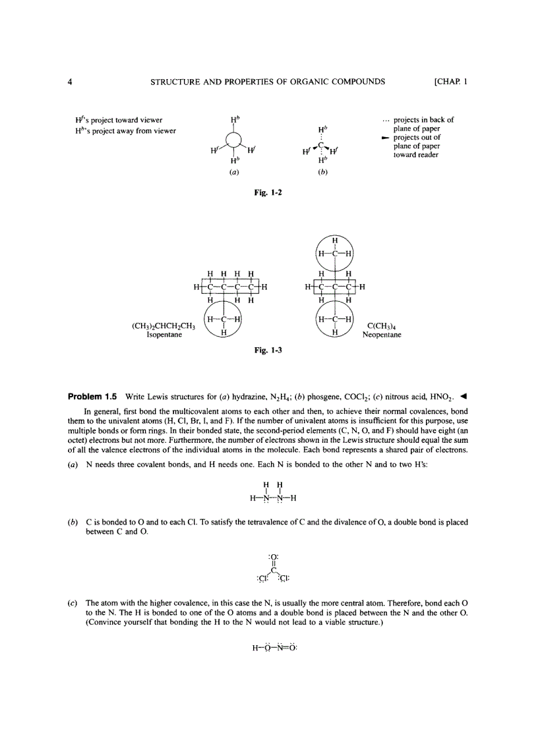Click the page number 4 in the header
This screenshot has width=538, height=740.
69,82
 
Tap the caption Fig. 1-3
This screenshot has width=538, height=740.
268,350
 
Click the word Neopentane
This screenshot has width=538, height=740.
382,335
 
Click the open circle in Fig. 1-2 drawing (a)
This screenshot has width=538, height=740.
235,141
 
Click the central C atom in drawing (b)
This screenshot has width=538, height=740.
320,145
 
